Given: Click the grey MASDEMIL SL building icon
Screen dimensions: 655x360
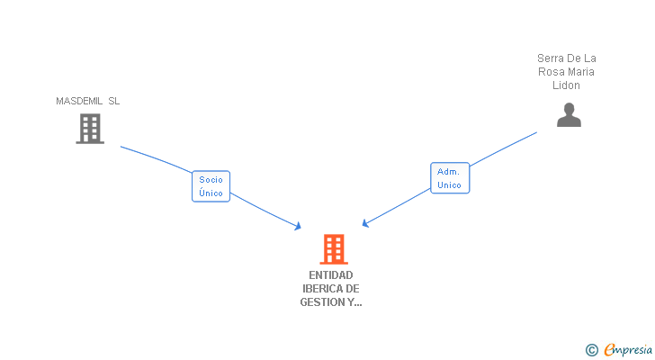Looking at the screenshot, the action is pos(90,129).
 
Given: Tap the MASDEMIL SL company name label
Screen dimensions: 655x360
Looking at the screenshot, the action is pos(88,101).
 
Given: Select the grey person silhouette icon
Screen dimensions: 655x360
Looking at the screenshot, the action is pos(569,115).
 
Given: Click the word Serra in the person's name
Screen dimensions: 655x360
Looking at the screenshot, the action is pos(549,58).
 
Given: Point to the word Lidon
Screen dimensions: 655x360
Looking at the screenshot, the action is pos(566,85).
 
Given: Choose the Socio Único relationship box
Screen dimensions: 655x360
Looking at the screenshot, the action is pos(211,186).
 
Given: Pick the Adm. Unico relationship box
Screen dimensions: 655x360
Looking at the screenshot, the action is pos(450,178).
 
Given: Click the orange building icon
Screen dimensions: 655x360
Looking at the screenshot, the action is pos(334,249).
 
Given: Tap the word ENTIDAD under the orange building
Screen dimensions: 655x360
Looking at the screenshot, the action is pos(331,275).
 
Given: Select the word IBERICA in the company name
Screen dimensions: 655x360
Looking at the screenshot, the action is pos(320,289).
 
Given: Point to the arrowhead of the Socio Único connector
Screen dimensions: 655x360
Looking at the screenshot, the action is pos(298,227).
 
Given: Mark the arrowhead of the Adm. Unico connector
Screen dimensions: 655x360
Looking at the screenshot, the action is pos(365,224).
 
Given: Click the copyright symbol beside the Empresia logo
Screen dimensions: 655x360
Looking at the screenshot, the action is pos(591,350).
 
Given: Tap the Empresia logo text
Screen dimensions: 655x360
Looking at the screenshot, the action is pos(628,350).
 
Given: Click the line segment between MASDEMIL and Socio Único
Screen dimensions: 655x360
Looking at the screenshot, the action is pos(157,157).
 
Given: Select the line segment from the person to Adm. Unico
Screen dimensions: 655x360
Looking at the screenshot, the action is pos(503,149).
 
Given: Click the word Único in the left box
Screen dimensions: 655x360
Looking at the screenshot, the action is pos(211,193).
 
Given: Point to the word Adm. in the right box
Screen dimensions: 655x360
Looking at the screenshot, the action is pos(448,172).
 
